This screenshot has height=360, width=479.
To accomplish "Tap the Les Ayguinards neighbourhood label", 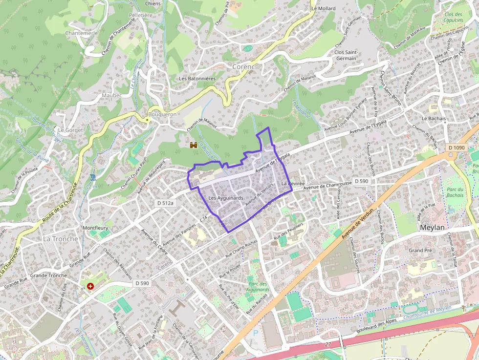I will coord(226,198).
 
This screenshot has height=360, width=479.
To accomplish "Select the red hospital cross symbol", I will coord(90,286).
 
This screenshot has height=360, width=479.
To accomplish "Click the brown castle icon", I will coord(194,145).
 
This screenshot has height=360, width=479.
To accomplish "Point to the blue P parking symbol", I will coord(255,333).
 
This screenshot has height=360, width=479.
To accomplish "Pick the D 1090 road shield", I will coord(456,148).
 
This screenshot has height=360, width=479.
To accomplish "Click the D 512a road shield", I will coord(165,203).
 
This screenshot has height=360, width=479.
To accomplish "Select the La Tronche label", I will coord(61,239).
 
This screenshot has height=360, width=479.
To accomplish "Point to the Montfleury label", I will coord(95,228).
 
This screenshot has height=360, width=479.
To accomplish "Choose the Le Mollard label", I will coord(324,9).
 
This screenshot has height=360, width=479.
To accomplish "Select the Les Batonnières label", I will coord(197,78).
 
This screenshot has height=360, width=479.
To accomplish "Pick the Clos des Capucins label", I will coord(454,18).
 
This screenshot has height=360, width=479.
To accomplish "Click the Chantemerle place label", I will coord(81,33).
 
